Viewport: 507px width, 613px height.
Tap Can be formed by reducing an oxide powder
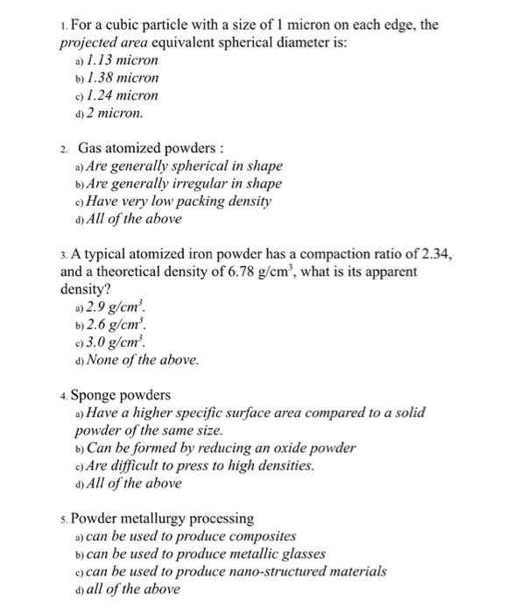point(221,448)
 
